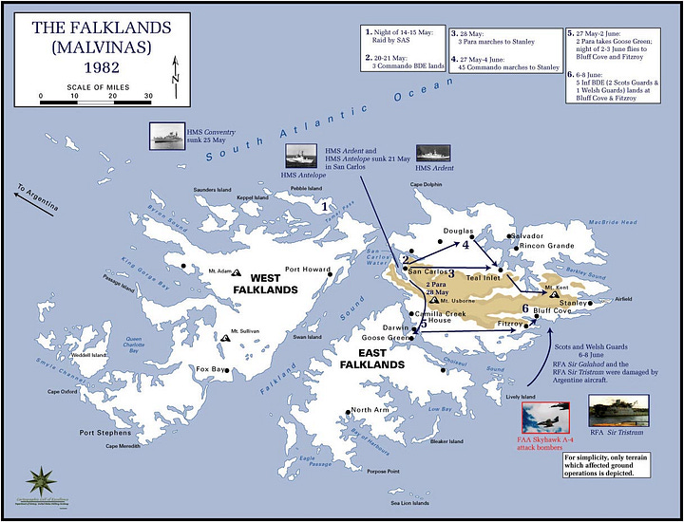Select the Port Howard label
click(x=308, y=269)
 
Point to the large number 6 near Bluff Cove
click(x=525, y=308)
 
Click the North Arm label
click(x=370, y=410)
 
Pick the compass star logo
click(x=43, y=479)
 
